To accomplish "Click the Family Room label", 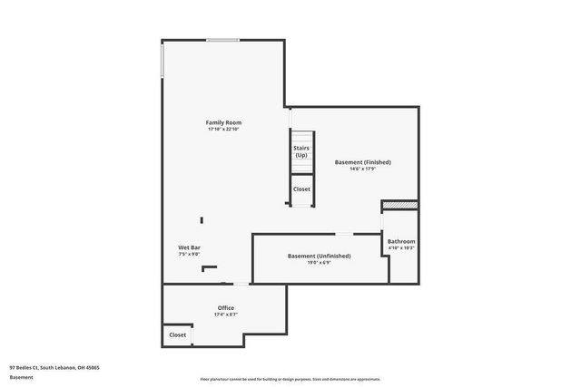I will [x=223, y=122].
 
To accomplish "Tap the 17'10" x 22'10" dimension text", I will [x=223, y=130].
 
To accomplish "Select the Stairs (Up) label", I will [x=300, y=151].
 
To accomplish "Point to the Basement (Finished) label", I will [x=362, y=162].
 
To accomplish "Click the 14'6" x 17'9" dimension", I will [x=362, y=169].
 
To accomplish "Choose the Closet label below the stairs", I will [x=301, y=189].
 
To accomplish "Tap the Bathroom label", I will [x=401, y=241].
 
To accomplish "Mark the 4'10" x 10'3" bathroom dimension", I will [x=401, y=247].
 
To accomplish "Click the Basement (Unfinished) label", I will [x=319, y=256].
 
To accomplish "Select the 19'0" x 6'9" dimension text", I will [x=319, y=264].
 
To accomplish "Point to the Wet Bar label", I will [x=189, y=247].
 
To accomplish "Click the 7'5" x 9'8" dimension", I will [x=189, y=255].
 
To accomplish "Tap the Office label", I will [x=225, y=308].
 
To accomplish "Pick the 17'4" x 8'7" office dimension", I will [x=225, y=315].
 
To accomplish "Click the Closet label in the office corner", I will [x=178, y=335].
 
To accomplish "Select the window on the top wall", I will [x=222, y=40].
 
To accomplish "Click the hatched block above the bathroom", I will [x=400, y=206].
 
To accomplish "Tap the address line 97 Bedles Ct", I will [x=54, y=367].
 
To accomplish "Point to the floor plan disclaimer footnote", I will [x=290, y=378].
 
